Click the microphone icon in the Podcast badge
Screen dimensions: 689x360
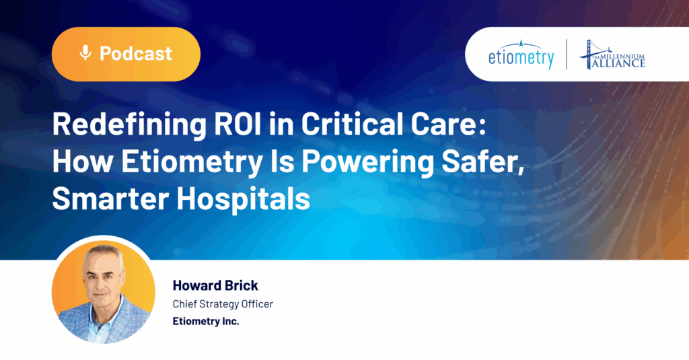tap(85, 52)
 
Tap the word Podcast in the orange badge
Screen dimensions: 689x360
tap(136, 54)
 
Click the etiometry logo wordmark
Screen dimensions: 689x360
tap(521, 55)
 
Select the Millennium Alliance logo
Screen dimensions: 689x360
tap(612, 55)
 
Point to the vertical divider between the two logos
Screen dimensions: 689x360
tap(567, 54)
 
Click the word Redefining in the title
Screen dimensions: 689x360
tap(129, 124)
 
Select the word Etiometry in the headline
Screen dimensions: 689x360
tap(192, 161)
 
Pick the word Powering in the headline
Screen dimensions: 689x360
tap(367, 162)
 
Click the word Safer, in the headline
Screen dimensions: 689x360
tap(483, 161)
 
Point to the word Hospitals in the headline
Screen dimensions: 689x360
tap(244, 199)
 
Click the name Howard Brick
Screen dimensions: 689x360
tap(215, 285)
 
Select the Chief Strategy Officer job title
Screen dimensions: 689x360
tap(223, 303)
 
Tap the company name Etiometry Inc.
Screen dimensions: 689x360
tap(206, 322)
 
